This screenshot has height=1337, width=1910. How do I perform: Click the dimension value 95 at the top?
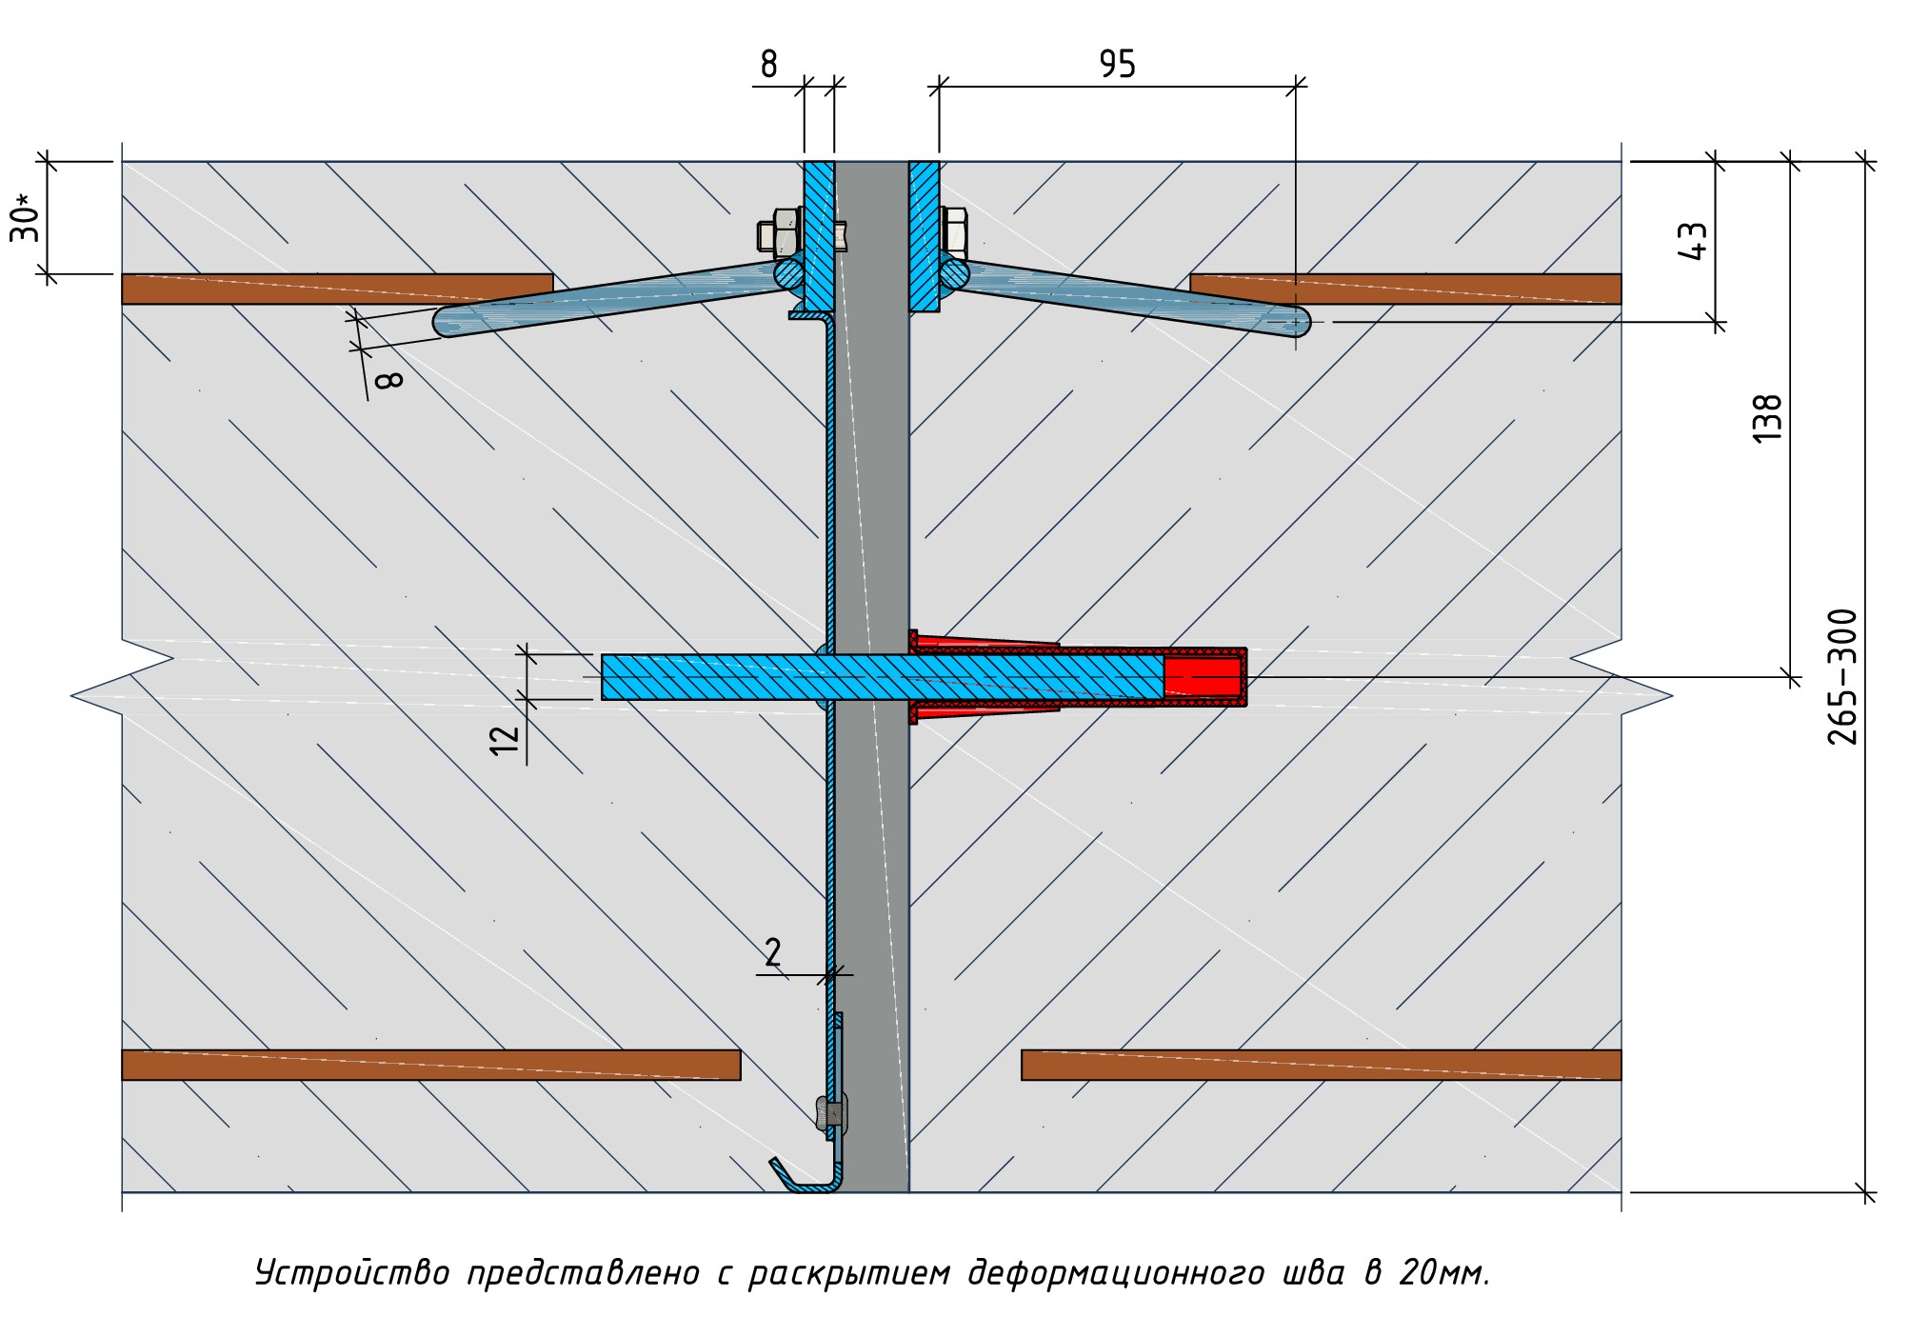(1117, 65)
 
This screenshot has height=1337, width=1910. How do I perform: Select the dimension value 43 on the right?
(1693, 241)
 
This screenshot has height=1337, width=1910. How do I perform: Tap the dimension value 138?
(1766, 418)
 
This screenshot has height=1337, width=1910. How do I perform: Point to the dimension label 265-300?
(1842, 677)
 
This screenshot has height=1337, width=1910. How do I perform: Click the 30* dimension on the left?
(26, 218)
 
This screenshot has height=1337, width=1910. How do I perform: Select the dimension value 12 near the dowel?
(505, 739)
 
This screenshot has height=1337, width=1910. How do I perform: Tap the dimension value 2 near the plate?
(772, 952)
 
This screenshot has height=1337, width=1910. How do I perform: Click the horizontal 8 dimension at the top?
(768, 65)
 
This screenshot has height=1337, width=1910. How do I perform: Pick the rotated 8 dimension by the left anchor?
(389, 380)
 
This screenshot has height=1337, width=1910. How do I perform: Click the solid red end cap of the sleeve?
(1203, 677)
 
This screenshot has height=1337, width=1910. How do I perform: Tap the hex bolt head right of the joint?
(954, 230)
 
